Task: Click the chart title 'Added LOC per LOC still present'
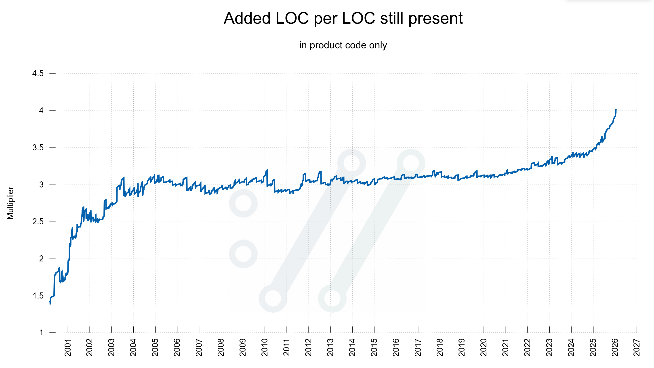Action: [343, 18]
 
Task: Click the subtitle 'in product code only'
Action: [343, 45]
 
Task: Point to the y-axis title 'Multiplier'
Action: [11, 203]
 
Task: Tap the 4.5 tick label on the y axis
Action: [38, 74]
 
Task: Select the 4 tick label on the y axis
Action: [41, 110]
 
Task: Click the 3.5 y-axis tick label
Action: [38, 147]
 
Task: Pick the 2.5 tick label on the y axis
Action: [38, 222]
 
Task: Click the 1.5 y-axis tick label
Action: [38, 296]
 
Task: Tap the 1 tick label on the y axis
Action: [41, 333]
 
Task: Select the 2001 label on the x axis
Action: [68, 347]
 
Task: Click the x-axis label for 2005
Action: [155, 347]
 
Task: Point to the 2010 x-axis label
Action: [265, 347]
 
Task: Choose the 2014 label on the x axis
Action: [352, 347]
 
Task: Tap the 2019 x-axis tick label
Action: [462, 347]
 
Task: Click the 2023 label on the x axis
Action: [549, 347]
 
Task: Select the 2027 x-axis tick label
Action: [637, 347]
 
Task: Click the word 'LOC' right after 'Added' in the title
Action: [292, 18]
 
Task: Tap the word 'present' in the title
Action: [435, 18]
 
